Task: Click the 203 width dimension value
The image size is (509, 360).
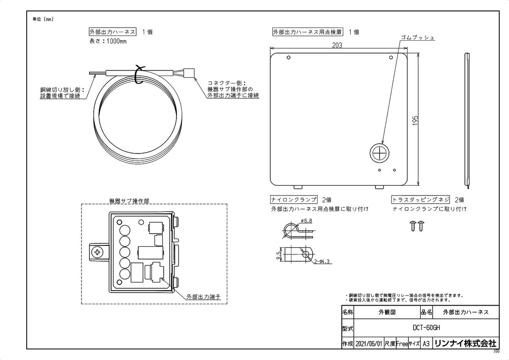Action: coord(337,45)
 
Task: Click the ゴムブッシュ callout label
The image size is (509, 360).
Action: coord(418,38)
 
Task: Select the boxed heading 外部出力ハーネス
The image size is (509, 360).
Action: coord(112,32)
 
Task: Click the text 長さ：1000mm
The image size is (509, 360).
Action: coord(108,42)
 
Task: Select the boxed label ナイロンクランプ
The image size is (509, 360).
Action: coord(294,200)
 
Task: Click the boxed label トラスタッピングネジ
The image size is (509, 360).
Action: coord(420,200)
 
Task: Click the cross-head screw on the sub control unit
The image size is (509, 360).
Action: coord(99,253)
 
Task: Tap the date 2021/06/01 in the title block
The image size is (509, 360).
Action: coord(369,343)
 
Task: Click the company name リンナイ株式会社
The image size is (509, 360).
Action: coord(465,343)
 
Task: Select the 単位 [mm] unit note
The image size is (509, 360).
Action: coord(43,19)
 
